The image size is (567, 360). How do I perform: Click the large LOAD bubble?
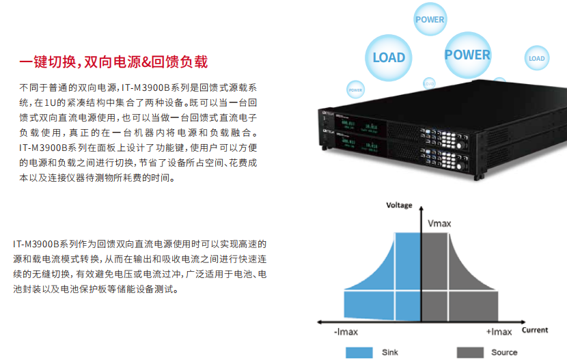coord(389,57)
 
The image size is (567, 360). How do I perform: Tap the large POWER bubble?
coord(467,55)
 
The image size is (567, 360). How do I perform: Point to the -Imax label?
coord(346,331)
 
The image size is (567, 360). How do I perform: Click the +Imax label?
coord(499,331)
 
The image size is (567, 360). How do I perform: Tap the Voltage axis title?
coord(400,205)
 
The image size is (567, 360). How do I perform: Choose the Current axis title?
coord(535,330)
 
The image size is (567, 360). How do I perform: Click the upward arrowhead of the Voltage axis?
coord(421,211)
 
